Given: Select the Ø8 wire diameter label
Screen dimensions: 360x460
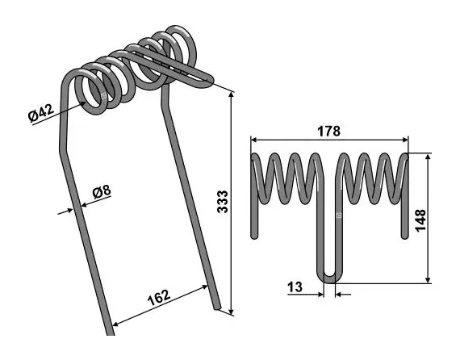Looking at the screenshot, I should [x=102, y=191].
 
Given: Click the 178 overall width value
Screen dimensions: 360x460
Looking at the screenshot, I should [x=328, y=131].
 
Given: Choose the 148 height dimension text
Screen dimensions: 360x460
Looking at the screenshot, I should [x=420, y=220].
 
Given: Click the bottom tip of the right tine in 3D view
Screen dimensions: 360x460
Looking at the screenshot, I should [x=217, y=305].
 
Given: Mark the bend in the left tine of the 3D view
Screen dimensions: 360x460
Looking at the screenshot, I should [x=64, y=149].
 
